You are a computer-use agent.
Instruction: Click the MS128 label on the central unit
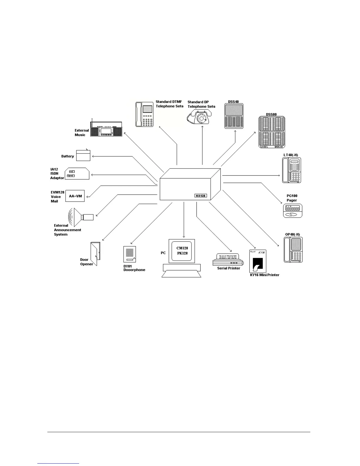pyautogui.click(x=201, y=196)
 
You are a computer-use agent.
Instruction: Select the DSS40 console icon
pyautogui.click(x=234, y=116)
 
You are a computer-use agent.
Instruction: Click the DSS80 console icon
pyautogui.click(x=272, y=132)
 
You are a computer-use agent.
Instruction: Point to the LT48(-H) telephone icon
pyautogui.click(x=291, y=170)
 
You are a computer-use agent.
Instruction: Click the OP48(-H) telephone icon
pyautogui.click(x=293, y=250)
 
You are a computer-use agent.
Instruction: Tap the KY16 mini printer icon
pyautogui.click(x=258, y=262)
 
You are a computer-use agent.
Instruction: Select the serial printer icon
pyautogui.click(x=228, y=259)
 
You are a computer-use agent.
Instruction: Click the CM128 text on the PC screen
pyautogui.click(x=182, y=248)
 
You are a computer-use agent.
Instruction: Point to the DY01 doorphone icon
pyautogui.click(x=129, y=254)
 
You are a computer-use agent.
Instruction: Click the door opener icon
pyautogui.click(x=95, y=254)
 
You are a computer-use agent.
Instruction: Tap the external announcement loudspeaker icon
pyautogui.click(x=81, y=217)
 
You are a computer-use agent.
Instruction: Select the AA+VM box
pyautogui.click(x=75, y=196)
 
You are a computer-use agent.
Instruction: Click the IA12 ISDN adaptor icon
pyautogui.click(x=77, y=174)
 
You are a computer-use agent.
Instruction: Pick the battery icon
pyautogui.click(x=83, y=156)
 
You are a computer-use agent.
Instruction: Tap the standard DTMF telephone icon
pyautogui.click(x=144, y=114)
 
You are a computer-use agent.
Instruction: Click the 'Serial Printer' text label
pyautogui.click(x=229, y=268)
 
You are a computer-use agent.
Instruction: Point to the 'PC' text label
pyautogui.click(x=163, y=253)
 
